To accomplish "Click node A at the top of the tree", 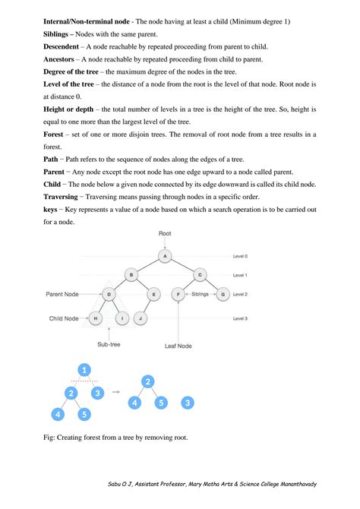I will coord(166,256).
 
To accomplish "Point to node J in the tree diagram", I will coord(142,318).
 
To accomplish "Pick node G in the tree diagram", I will coord(223,292).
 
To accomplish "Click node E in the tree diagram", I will coord(154,292).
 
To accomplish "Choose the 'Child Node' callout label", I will coord(66,318).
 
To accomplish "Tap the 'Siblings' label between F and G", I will coord(201,292).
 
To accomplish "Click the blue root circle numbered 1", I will coord(84,370).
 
